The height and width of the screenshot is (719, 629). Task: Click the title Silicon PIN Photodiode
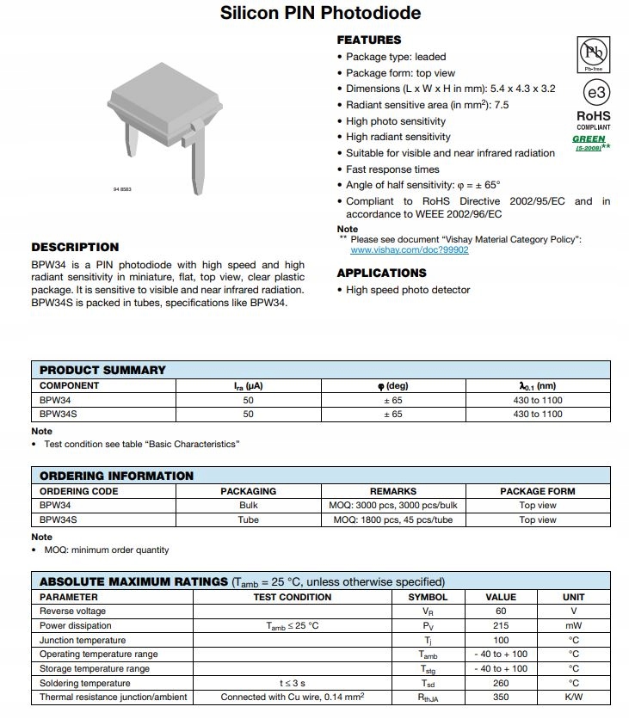pyautogui.click(x=320, y=13)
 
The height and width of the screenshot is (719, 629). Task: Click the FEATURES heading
pyautogui.click(x=368, y=40)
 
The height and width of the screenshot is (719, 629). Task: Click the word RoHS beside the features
pyautogui.click(x=593, y=115)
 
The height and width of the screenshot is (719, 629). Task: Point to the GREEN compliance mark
pyautogui.click(x=589, y=138)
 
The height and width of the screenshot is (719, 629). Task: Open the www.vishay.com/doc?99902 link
pyautogui.click(x=409, y=249)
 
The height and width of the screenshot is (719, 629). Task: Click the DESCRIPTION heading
pyautogui.click(x=75, y=247)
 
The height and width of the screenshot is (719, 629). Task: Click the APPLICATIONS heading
pyautogui.click(x=381, y=273)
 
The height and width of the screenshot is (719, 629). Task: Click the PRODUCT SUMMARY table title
pyautogui.click(x=102, y=370)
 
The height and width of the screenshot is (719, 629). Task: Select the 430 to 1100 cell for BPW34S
pyautogui.click(x=537, y=414)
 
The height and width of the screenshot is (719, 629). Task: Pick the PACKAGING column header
pyautogui.click(x=248, y=491)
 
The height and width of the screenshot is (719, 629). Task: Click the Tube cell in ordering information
pyautogui.click(x=248, y=519)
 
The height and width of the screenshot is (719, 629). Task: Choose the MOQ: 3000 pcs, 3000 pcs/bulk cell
pyautogui.click(x=392, y=505)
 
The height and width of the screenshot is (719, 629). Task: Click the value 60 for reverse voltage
pyautogui.click(x=500, y=611)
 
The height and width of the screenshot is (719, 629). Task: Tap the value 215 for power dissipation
pyautogui.click(x=500, y=625)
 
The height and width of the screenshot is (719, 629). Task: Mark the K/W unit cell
pyautogui.click(x=573, y=697)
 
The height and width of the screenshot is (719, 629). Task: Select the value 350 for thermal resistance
pyautogui.click(x=500, y=697)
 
